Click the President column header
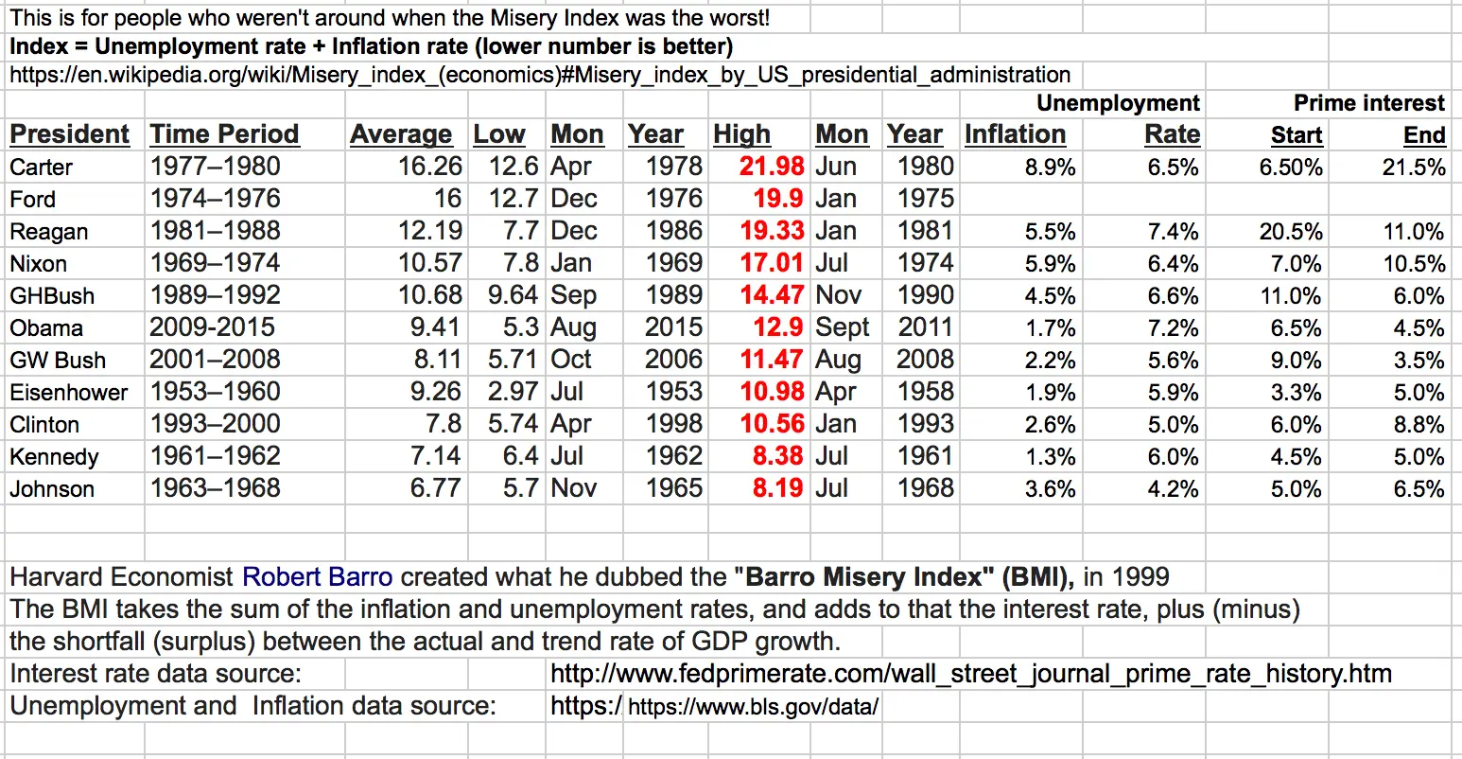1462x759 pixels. [69, 134]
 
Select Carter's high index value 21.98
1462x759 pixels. [772, 167]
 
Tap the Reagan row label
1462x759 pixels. [48, 232]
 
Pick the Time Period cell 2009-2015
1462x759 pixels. [212, 327]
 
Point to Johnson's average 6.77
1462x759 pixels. [436, 488]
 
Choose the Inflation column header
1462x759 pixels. [1015, 134]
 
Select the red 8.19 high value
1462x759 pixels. [777, 488]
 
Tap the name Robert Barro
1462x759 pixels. [317, 576]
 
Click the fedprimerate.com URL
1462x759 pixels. [970, 674]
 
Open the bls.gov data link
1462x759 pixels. [753, 706]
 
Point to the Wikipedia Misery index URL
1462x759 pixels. [540, 75]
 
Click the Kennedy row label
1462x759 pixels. [54, 457]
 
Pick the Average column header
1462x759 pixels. [401, 134]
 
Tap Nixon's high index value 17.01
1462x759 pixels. [772, 263]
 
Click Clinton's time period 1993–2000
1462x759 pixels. [215, 424]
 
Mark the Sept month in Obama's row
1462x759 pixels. [842, 327]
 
